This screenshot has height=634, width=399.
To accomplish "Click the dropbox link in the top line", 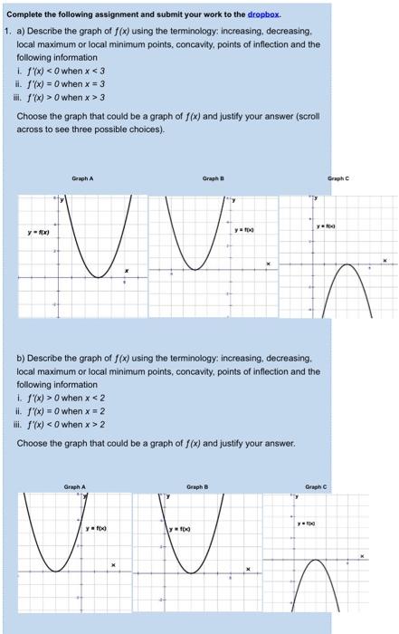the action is pos(264,15).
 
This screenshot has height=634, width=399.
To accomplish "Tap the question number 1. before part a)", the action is pos(9,30).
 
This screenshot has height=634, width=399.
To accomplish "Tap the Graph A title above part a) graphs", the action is pos(82,178).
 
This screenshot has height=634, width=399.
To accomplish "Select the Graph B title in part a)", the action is pos(212,178).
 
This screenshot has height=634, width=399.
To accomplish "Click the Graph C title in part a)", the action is pos(339,178).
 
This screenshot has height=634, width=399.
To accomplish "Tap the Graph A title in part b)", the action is pos(75,488).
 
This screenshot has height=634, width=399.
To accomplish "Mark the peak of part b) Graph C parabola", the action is pos(314,561).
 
